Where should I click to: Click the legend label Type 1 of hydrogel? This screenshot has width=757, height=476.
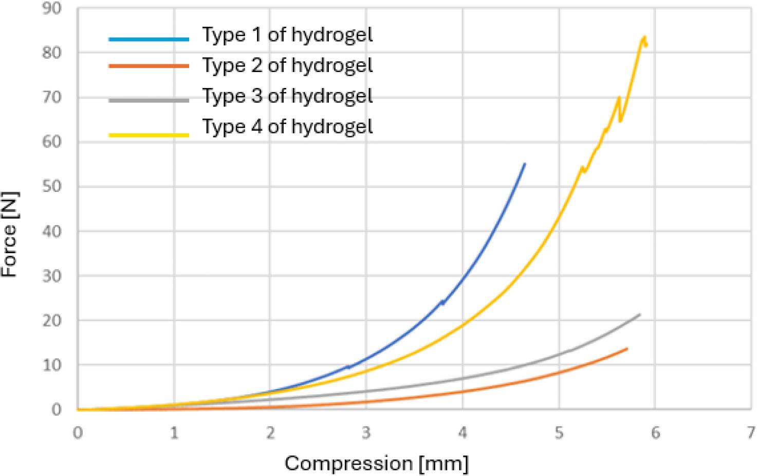[x=287, y=35]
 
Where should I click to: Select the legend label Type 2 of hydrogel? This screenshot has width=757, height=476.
[x=287, y=65]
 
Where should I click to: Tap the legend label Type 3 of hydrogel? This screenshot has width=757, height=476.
[x=287, y=96]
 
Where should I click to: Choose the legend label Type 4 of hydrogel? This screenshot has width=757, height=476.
[x=287, y=126]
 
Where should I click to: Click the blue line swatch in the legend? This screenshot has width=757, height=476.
[x=149, y=39]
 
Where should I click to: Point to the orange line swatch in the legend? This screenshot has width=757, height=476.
[x=149, y=66]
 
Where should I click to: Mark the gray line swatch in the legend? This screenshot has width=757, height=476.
[x=149, y=100]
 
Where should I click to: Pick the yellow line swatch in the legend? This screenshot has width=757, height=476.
[x=149, y=135]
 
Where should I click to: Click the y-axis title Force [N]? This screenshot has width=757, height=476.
[x=10, y=235]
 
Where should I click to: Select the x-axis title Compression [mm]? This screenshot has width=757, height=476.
[x=377, y=463]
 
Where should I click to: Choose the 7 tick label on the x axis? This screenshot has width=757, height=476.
[x=751, y=433]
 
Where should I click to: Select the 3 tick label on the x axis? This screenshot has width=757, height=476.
[x=366, y=433]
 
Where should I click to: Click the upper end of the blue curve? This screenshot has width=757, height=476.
[x=525, y=164]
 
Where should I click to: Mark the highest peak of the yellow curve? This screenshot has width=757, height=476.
[x=644, y=37]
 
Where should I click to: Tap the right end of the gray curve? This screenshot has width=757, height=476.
[x=639, y=314]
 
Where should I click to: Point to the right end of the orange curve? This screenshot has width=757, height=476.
[x=626, y=349]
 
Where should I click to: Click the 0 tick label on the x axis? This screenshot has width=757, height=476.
[x=78, y=433]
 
